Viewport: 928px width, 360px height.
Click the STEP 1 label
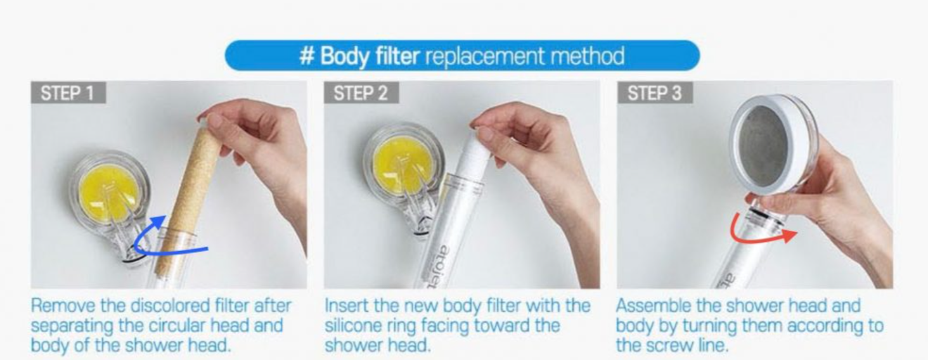tap(68, 93)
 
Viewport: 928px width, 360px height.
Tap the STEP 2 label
tap(361, 93)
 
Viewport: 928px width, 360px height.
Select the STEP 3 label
tap(654, 93)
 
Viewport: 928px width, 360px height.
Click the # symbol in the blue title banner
tap(307, 56)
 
